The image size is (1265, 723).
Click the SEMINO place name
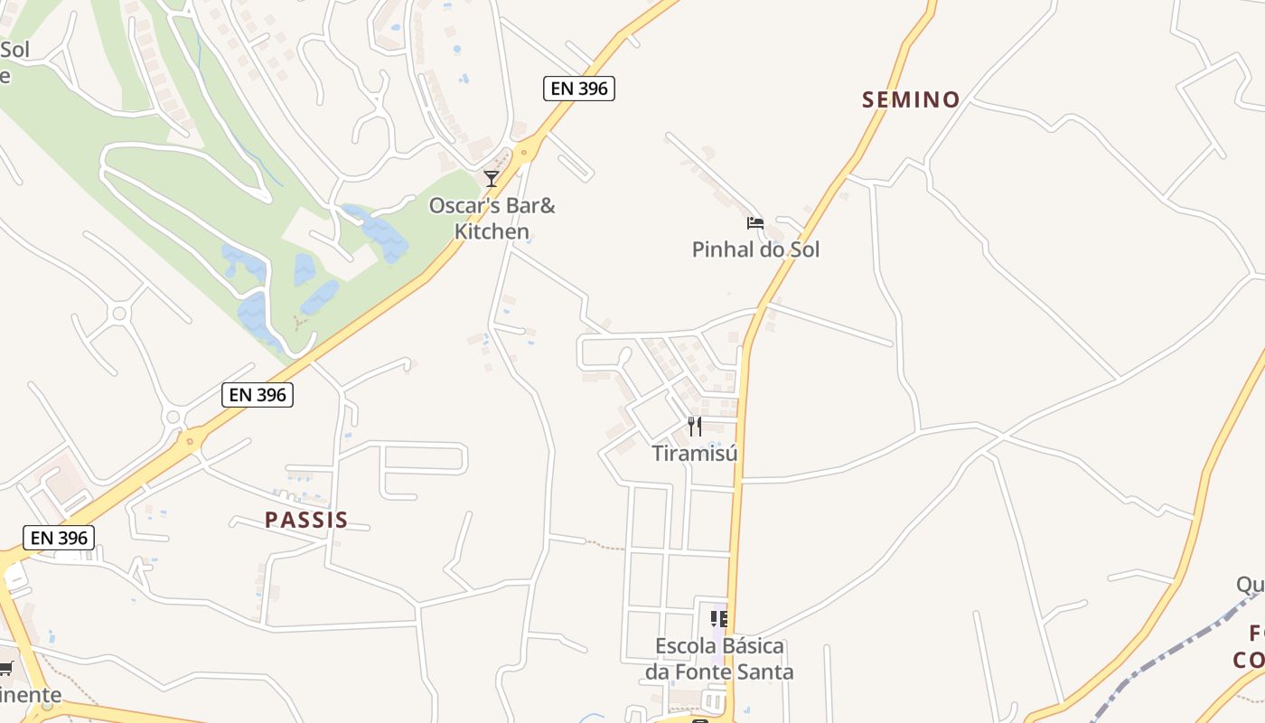click(911, 99)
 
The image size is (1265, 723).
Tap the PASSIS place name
click(306, 520)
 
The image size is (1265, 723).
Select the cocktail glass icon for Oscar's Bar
click(492, 179)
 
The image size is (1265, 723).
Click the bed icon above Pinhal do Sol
click(755, 222)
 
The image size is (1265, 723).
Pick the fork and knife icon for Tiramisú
click(694, 427)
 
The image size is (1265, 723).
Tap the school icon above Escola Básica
click(719, 619)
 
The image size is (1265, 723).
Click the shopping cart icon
click(5, 669)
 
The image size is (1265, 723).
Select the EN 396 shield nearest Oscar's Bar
click(578, 88)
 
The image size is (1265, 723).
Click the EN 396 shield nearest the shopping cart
click(60, 538)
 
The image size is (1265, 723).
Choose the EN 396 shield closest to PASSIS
click(258, 394)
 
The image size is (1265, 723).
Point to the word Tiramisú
click(695, 453)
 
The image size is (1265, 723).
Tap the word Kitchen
click(492, 231)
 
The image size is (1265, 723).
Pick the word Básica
click(753, 646)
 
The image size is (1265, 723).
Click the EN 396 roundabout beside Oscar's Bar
click(523, 151)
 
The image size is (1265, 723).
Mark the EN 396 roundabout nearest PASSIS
click(190, 442)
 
